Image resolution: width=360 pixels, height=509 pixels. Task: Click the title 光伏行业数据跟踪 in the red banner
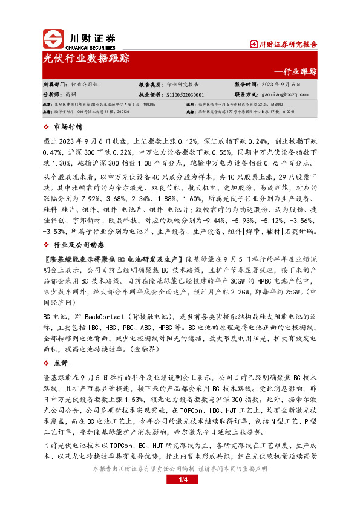(87, 59)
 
